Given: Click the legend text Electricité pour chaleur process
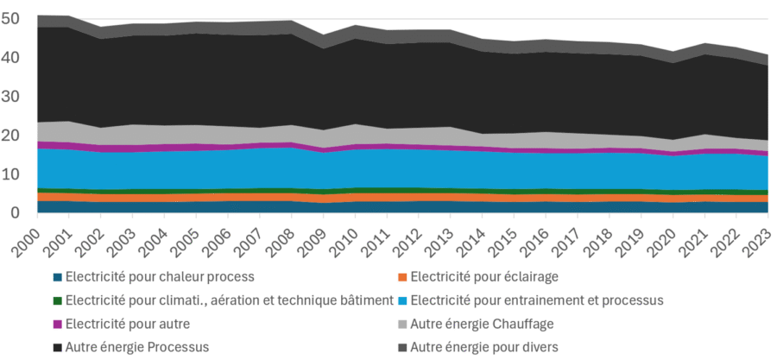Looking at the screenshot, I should pos(160,277).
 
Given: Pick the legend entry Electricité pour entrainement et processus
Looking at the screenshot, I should pos(536,300).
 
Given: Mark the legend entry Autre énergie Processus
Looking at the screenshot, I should pos(137,347).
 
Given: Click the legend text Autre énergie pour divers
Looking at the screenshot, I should pos(484,347).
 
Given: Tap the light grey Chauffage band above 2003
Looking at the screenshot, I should pos(134,135).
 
